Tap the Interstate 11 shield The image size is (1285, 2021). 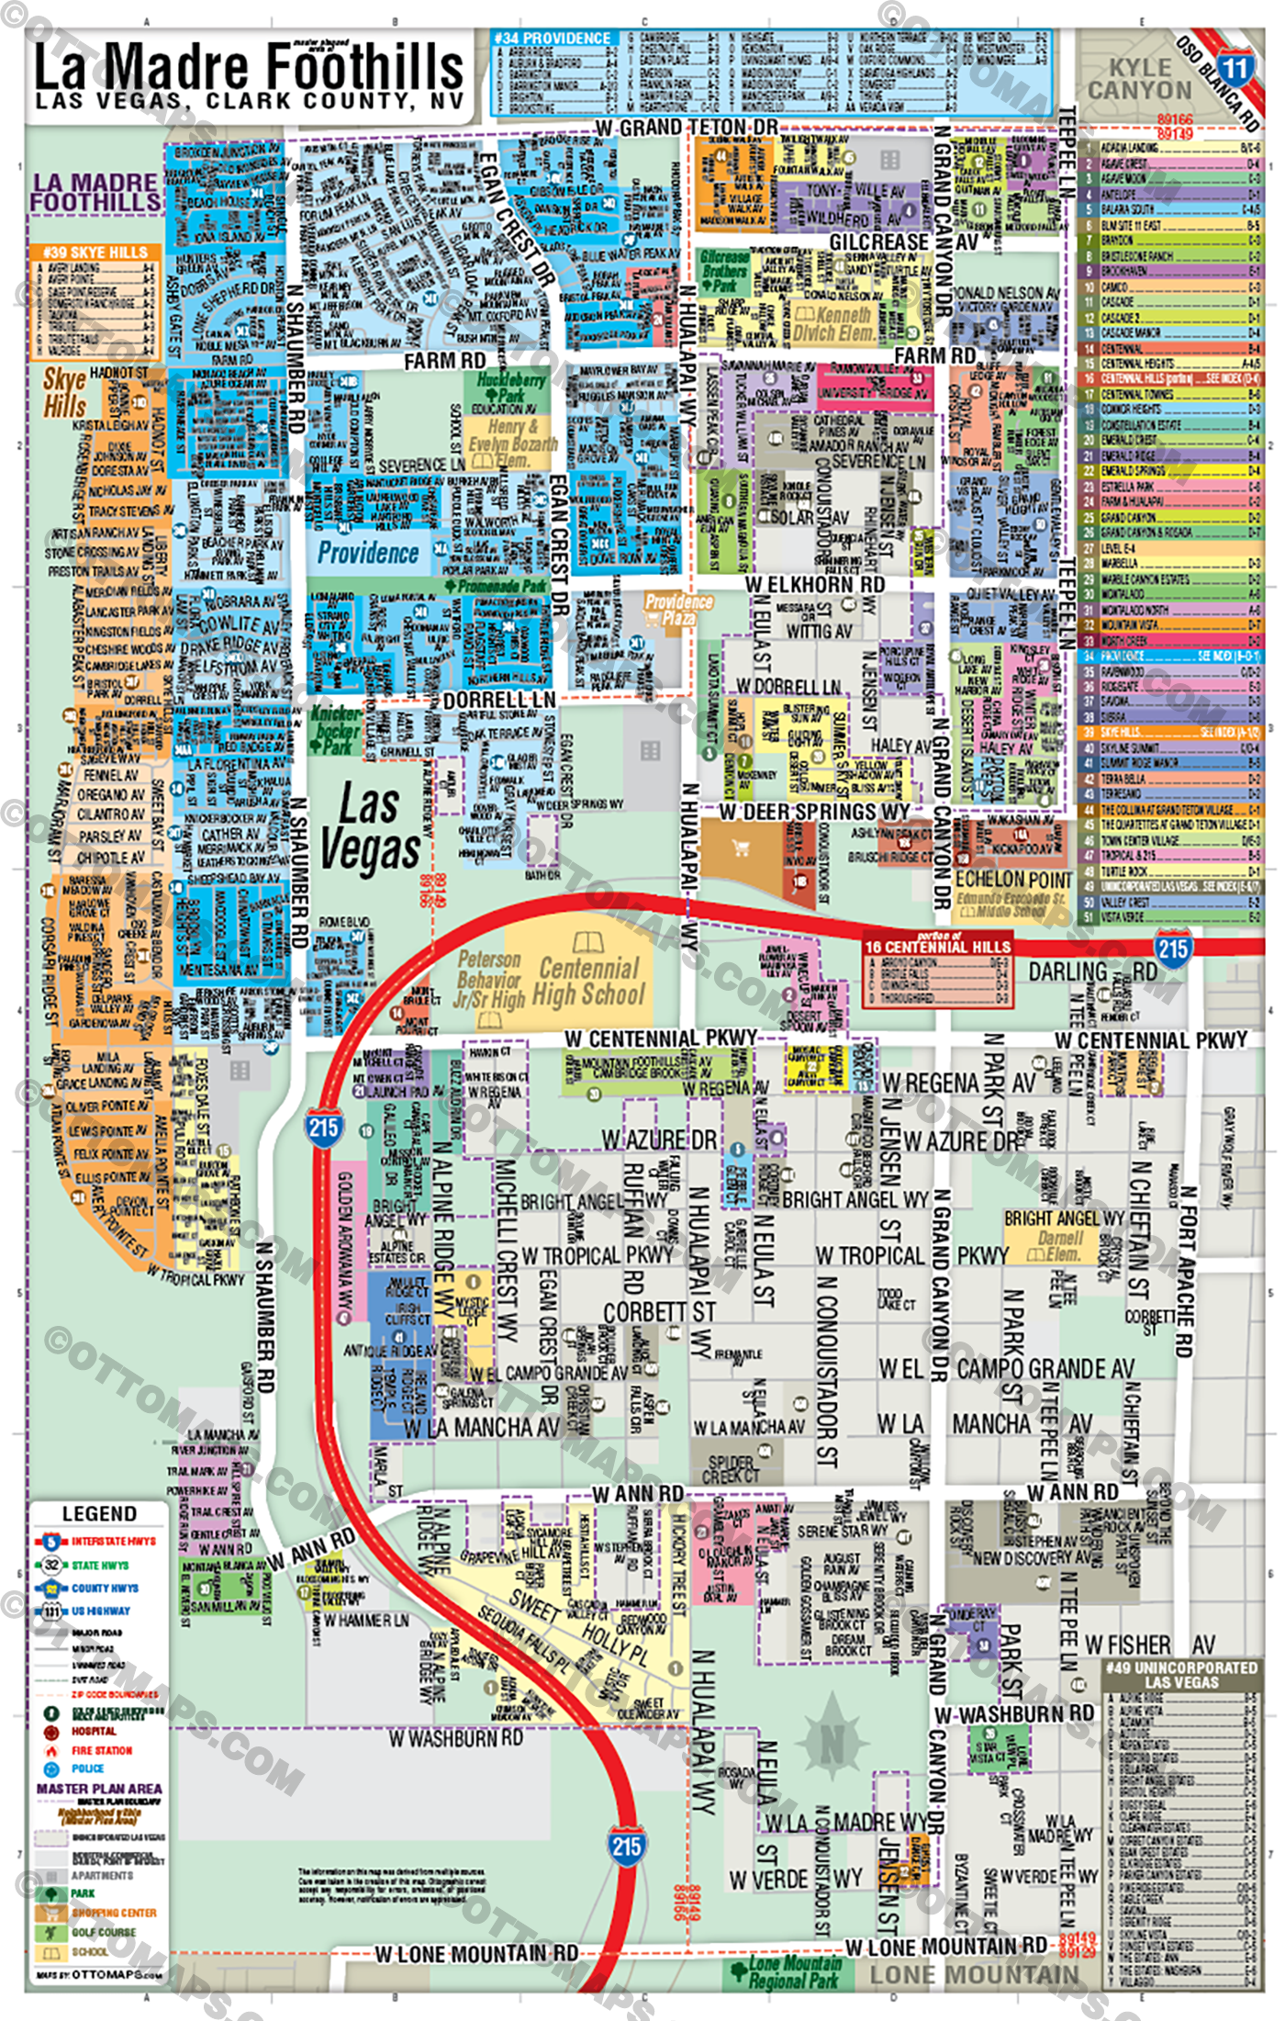tap(1235, 67)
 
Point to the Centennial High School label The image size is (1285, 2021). tap(590, 981)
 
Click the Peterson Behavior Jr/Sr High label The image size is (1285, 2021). tap(490, 980)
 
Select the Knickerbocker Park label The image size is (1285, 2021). tap(336, 730)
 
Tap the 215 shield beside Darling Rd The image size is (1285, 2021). tap(1172, 949)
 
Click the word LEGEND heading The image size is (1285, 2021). tap(99, 1513)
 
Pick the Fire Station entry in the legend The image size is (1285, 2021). tap(101, 1750)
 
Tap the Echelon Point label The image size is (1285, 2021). tap(1012, 879)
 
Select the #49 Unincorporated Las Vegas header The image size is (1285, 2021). tap(1180, 1675)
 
